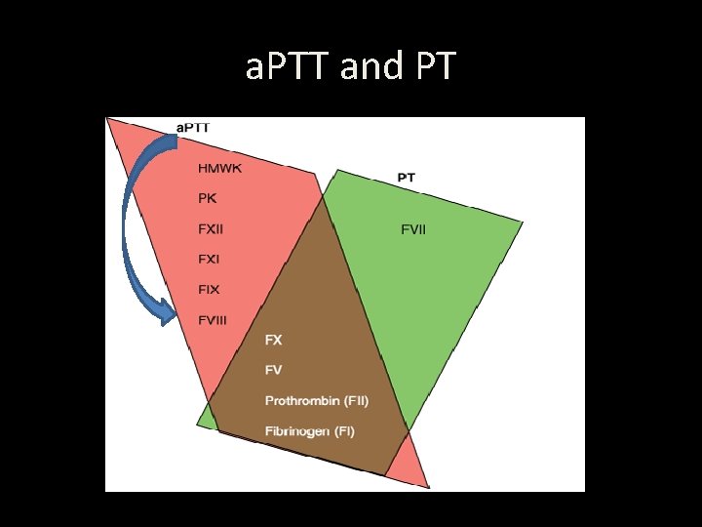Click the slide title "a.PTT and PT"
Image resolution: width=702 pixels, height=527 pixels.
pos(350,66)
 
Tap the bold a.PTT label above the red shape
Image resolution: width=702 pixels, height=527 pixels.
pos(193,127)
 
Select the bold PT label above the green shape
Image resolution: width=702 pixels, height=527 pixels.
pos(407,178)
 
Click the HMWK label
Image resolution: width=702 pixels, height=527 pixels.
pos(219,169)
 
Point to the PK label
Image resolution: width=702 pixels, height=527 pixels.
pos(207,199)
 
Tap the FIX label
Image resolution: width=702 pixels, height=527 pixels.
pos(209,290)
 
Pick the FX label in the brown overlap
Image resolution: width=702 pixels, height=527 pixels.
pos(274,340)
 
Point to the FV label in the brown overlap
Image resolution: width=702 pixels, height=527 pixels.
pos(274,371)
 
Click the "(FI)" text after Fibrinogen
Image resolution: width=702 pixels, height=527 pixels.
pos(344,431)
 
